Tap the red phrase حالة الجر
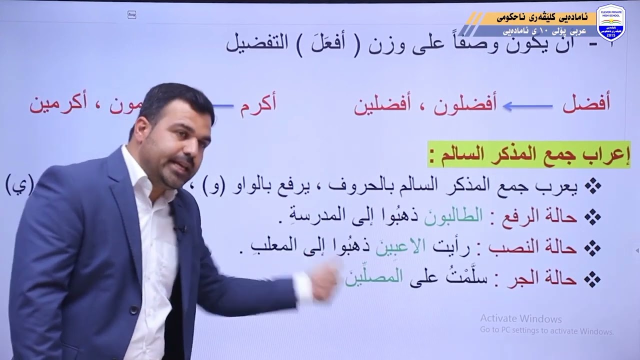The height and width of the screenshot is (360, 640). (548, 278)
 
